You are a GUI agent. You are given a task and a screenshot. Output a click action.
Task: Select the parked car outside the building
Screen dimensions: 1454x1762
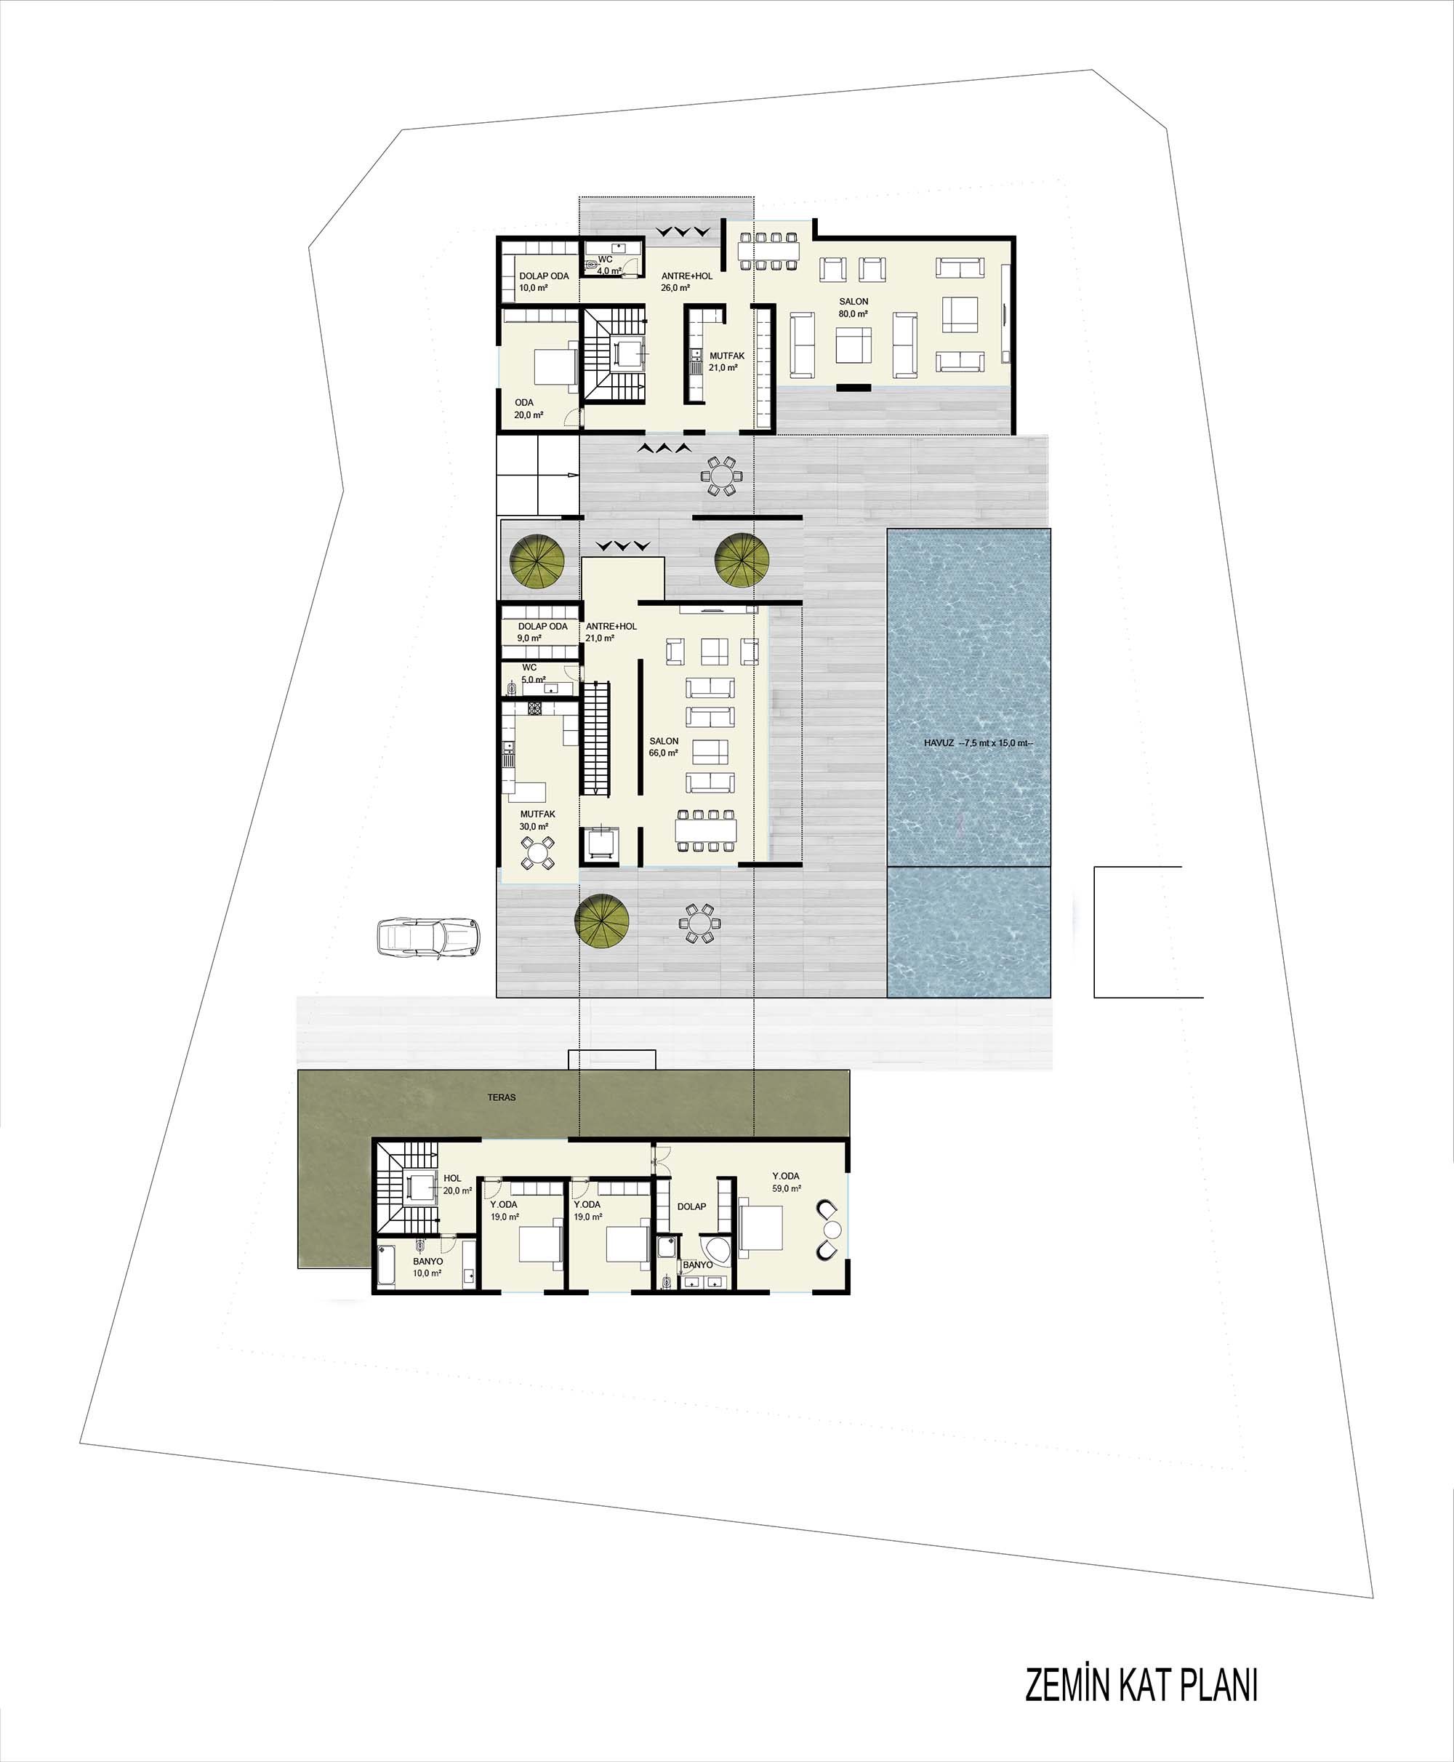click(x=430, y=935)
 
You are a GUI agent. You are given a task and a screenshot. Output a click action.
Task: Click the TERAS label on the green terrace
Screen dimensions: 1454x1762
click(x=502, y=1097)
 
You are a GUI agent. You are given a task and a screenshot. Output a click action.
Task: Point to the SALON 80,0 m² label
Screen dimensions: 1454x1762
click(x=853, y=308)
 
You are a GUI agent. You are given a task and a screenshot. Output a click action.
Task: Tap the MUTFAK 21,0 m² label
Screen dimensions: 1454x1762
click(x=726, y=361)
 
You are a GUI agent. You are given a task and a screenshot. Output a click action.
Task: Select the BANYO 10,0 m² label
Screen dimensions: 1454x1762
click(x=427, y=1267)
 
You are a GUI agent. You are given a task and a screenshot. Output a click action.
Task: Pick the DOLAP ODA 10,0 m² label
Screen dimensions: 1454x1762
click(x=544, y=281)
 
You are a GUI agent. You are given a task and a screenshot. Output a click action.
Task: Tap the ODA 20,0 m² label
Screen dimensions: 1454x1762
click(x=529, y=409)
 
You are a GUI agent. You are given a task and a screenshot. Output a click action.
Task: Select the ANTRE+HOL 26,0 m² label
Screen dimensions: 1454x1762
click(x=686, y=281)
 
